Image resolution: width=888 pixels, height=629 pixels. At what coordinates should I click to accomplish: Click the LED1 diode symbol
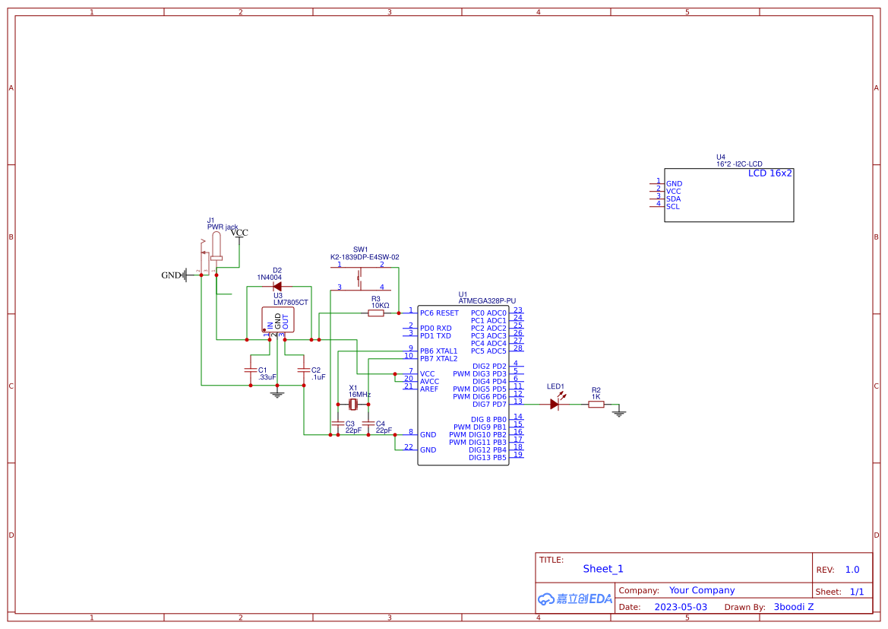click(555, 404)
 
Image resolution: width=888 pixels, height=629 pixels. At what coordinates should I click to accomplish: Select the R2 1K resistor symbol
click(596, 405)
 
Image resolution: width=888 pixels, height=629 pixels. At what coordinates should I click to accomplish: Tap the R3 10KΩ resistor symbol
click(376, 313)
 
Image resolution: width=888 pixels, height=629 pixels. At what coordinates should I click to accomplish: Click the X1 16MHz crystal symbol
click(352, 405)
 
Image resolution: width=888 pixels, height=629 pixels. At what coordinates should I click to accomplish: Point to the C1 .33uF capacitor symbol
click(251, 370)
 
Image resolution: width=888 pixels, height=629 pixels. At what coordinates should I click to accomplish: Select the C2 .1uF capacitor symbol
click(304, 370)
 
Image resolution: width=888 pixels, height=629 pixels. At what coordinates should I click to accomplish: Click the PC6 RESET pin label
click(439, 313)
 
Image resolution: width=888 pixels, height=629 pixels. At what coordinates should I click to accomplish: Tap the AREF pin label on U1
click(429, 389)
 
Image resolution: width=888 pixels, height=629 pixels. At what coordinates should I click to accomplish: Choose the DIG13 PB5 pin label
click(487, 457)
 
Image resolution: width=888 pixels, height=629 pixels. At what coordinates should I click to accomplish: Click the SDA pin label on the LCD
click(673, 199)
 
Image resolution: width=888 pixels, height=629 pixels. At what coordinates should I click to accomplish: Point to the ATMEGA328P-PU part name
click(487, 301)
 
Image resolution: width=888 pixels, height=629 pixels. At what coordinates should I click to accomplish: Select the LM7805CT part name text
click(291, 302)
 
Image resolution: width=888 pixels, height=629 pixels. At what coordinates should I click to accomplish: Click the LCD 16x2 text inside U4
click(769, 173)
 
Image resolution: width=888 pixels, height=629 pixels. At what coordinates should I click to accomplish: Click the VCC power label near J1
click(239, 233)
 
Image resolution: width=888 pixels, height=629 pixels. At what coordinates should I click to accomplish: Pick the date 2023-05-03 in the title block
click(680, 607)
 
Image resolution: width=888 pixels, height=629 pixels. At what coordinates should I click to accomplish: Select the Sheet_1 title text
click(603, 569)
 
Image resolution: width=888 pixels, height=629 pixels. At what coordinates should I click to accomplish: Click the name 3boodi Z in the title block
click(793, 607)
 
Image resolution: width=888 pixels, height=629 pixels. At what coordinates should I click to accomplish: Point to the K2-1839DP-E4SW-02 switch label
click(365, 257)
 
